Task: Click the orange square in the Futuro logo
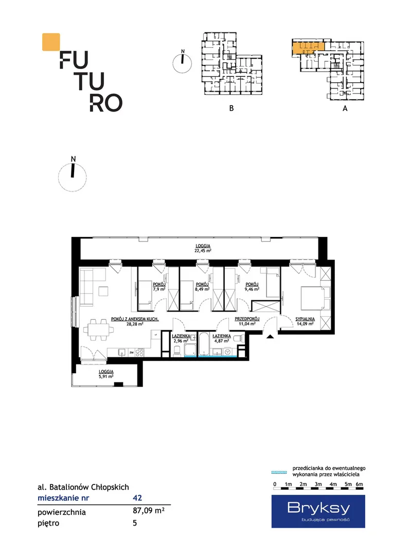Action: (x=51, y=42)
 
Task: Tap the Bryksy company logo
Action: (x=318, y=511)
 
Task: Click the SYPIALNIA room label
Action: (x=305, y=319)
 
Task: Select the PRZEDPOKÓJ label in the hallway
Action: (x=247, y=319)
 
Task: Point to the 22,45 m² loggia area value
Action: (x=203, y=251)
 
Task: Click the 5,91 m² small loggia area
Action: (x=106, y=376)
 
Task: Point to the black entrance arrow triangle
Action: (x=270, y=337)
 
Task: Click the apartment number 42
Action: (x=137, y=498)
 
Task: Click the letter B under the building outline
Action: (x=231, y=108)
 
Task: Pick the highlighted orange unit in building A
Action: (x=308, y=47)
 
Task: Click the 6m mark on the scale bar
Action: (x=360, y=484)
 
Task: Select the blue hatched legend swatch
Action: (x=279, y=472)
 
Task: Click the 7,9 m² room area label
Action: (x=159, y=289)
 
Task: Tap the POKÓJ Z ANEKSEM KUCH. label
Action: (x=135, y=319)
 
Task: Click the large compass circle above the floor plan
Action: (x=73, y=177)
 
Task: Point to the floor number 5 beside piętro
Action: (x=135, y=523)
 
